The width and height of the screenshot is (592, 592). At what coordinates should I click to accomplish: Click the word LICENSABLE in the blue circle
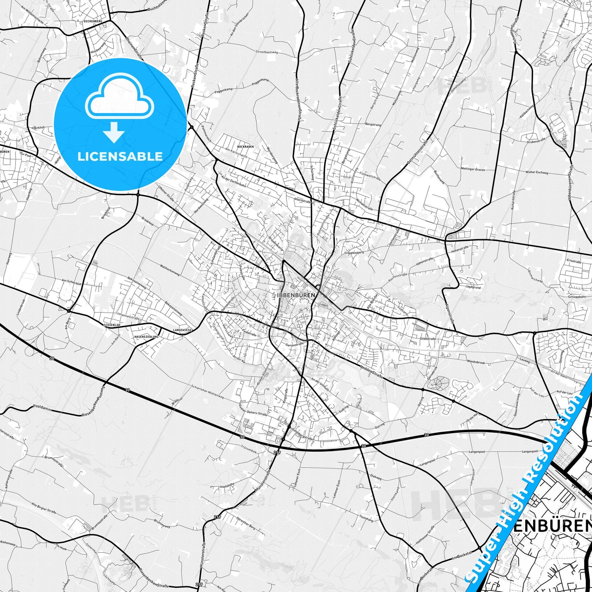click(x=120, y=156)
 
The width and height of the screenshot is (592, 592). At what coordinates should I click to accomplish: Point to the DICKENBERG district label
click(x=92, y=20)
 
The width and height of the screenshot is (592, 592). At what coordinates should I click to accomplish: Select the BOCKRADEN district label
click(x=245, y=146)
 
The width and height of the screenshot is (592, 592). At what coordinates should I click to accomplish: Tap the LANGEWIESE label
click(x=182, y=329)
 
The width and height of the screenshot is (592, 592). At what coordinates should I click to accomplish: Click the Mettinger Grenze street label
click(x=467, y=169)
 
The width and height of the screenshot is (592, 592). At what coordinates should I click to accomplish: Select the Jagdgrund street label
click(x=473, y=288)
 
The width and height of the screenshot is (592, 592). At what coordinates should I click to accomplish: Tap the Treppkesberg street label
click(x=354, y=253)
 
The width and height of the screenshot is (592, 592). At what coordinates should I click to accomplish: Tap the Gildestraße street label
click(x=427, y=339)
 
